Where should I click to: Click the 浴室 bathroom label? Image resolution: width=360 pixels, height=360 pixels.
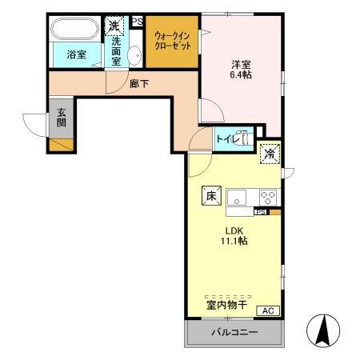click(76, 54)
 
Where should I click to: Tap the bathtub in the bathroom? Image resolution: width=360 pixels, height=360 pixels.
click(74, 30)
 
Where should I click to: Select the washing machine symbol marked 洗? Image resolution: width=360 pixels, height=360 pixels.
click(116, 26)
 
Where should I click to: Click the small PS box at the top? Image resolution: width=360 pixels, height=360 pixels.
click(138, 22)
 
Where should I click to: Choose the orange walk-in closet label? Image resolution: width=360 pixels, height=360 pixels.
click(173, 42)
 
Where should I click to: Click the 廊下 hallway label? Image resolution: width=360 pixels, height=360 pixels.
click(139, 82)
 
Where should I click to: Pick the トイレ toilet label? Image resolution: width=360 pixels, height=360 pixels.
click(225, 138)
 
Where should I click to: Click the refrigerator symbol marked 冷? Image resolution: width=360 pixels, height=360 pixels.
click(270, 152)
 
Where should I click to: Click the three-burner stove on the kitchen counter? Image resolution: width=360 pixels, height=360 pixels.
click(266, 197)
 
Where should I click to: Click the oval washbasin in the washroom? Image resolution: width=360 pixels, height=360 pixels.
click(135, 55)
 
